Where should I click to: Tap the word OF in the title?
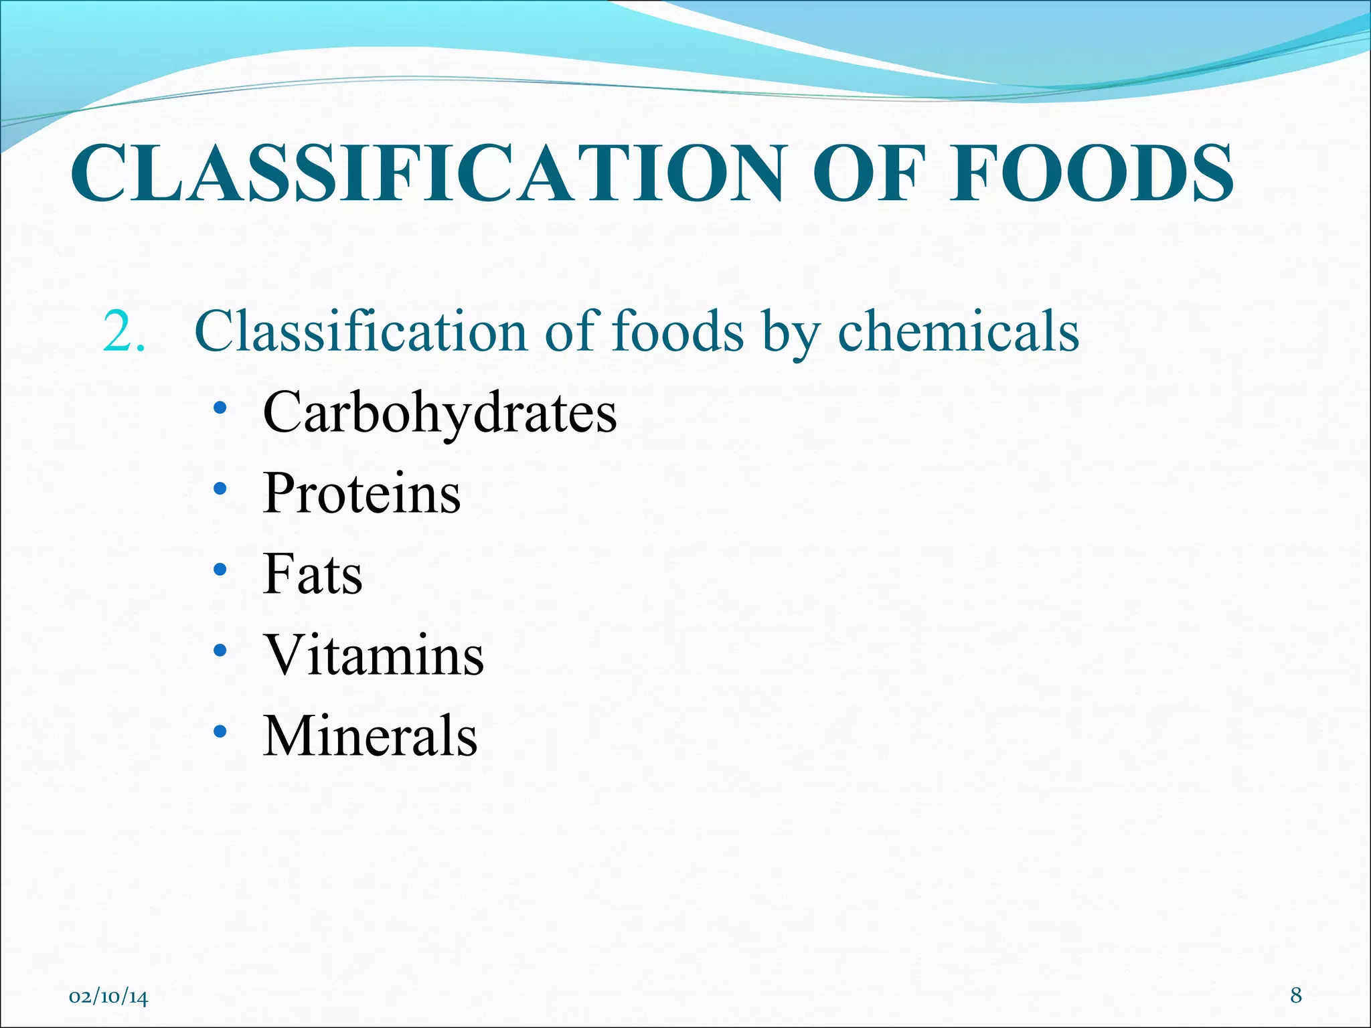coord(870,174)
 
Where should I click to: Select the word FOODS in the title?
coord(1091,174)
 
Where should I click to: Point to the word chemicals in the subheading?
coord(958,332)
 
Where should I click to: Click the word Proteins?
coord(362,494)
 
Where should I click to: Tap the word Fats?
coord(313,574)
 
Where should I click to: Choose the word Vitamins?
coord(374,655)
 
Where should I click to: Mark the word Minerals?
coord(370,736)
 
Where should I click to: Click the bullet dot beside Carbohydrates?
coord(220,408)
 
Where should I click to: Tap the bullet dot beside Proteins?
coord(220,489)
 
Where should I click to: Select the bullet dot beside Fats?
coord(220,570)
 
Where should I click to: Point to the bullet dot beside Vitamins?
coord(220,651)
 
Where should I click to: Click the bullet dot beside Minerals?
coord(220,732)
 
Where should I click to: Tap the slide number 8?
coord(1296,996)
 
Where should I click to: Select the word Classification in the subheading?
coord(360,332)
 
